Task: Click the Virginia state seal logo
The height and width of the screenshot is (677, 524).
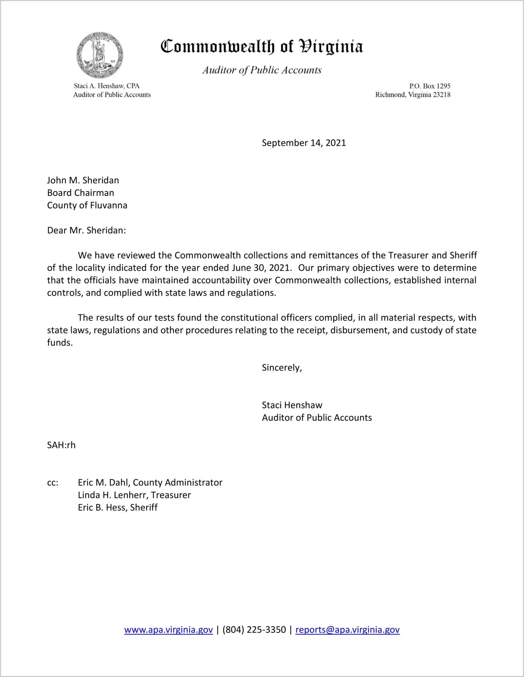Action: point(100,55)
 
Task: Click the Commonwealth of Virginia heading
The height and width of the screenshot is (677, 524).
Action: point(262,47)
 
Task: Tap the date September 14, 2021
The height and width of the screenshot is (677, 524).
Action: point(304,143)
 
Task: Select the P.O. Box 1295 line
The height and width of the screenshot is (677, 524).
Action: point(430,86)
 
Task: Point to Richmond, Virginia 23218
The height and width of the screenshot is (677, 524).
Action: point(413,95)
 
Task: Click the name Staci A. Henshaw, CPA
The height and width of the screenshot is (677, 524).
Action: point(107,86)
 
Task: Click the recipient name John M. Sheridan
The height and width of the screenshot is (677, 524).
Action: point(83,180)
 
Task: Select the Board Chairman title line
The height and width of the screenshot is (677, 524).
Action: point(81,193)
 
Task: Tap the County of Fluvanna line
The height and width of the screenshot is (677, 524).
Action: point(87,205)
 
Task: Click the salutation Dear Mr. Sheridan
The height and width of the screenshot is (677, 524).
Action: point(87,230)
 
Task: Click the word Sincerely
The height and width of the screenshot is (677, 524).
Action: point(282,368)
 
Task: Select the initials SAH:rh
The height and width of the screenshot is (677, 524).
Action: point(61,445)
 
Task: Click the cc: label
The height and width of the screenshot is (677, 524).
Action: point(53,483)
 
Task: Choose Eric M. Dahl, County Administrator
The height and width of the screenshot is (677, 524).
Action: point(150,483)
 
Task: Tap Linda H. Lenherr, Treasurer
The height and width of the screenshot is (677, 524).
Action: point(134,495)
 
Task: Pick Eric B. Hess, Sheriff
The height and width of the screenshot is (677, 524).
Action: point(118,508)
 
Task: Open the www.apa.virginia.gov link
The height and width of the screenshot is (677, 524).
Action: point(168,630)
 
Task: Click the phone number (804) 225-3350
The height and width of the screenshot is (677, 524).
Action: point(254,630)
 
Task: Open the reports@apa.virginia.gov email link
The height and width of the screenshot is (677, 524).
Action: point(347,630)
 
